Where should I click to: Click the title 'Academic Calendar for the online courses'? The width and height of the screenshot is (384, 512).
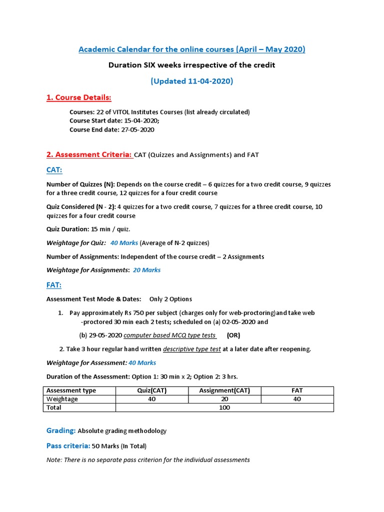(192, 49)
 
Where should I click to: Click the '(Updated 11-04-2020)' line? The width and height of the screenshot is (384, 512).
(192, 81)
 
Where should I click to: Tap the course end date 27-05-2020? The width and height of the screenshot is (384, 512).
(137, 129)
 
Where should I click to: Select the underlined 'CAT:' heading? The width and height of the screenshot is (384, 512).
(54, 170)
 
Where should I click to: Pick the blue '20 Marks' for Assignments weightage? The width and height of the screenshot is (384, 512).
(146, 270)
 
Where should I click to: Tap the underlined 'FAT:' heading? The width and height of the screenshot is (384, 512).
(54, 285)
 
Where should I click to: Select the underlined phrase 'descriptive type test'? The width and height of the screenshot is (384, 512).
(192, 349)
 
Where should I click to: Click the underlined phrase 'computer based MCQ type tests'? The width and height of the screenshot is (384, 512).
(169, 335)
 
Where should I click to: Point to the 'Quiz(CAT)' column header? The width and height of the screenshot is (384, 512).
(152, 390)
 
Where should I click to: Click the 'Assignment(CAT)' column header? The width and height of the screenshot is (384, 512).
(224, 390)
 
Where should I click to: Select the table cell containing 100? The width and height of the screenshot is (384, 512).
(224, 407)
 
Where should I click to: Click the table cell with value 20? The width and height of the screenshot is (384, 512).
(224, 399)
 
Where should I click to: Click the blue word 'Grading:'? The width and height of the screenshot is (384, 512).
(61, 430)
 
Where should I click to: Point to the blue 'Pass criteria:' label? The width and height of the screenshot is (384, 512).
(68, 445)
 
